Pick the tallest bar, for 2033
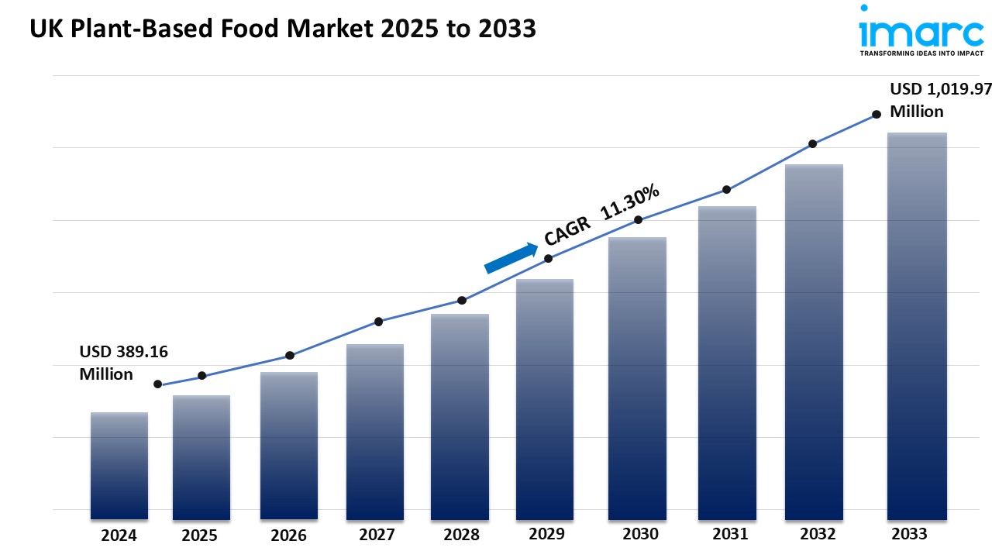[x=917, y=325]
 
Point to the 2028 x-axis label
[x=460, y=535]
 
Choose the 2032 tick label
[x=818, y=534]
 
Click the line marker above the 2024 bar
[x=158, y=384]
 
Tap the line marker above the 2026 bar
[x=290, y=356]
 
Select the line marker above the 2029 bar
[x=548, y=259]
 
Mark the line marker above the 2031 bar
[x=726, y=190]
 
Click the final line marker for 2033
[x=877, y=114]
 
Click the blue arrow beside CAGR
[x=511, y=258]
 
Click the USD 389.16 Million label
[x=123, y=363]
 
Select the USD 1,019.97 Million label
[x=940, y=99]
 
